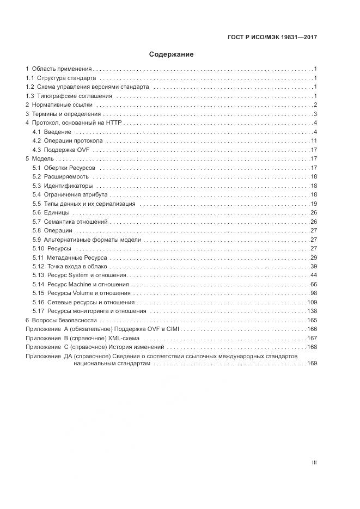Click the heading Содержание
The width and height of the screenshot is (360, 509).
point(172,54)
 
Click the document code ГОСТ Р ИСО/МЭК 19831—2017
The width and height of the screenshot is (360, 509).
point(272,38)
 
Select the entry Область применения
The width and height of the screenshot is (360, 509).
point(62,69)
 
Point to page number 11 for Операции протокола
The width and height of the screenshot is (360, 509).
point(314,141)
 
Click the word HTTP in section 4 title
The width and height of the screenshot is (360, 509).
point(114,123)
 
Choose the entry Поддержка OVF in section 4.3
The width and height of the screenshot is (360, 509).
point(68,150)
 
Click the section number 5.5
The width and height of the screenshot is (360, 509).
point(36,204)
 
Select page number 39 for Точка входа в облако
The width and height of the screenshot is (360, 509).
point(314,266)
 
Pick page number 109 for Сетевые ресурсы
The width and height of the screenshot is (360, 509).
point(312,302)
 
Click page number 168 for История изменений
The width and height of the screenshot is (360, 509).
point(312,347)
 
